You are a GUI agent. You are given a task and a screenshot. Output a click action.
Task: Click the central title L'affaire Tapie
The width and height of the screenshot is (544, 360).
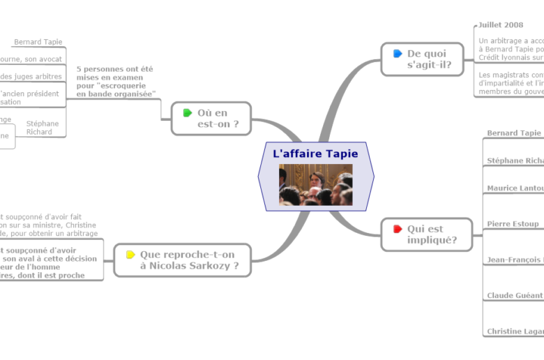click(x=315, y=153)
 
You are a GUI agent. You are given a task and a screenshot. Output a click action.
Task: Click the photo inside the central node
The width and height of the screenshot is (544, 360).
click(x=315, y=185)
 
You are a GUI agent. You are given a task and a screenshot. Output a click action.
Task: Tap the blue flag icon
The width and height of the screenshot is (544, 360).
click(x=398, y=54)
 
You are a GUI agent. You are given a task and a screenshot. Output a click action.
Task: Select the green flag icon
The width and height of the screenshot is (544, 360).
click(x=187, y=113)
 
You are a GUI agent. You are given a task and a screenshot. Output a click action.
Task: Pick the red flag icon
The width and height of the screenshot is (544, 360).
click(x=398, y=229)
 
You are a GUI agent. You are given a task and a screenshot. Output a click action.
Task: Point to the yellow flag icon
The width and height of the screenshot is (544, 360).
click(x=130, y=255)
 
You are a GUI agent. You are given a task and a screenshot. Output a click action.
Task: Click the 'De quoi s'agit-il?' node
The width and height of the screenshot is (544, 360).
click(x=423, y=59)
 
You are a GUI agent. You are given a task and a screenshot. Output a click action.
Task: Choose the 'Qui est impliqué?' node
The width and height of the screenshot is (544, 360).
click(x=423, y=234)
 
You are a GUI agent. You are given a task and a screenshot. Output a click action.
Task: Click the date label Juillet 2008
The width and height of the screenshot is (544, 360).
click(x=501, y=25)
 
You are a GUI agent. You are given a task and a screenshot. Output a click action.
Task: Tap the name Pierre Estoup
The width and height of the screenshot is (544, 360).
click(x=513, y=224)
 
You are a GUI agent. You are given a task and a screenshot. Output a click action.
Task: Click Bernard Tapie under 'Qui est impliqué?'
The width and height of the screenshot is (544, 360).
click(x=514, y=133)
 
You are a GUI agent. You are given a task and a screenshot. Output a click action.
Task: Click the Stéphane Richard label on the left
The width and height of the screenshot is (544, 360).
click(x=43, y=128)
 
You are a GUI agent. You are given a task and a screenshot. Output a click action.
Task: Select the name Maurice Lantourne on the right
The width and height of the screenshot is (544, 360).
click(x=515, y=188)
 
